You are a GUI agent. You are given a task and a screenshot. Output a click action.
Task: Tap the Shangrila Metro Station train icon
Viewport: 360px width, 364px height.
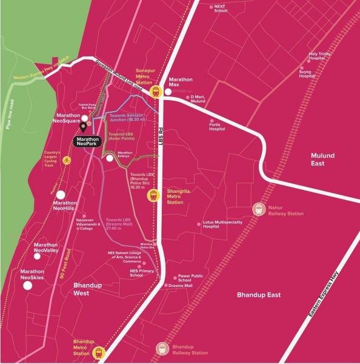(153, 195)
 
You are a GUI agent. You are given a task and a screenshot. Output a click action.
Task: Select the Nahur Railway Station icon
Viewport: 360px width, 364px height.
(259, 209)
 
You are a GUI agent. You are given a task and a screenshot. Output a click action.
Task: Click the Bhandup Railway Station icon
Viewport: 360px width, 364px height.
(162, 348)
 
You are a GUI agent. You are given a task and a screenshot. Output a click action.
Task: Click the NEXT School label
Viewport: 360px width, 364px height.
(221, 8)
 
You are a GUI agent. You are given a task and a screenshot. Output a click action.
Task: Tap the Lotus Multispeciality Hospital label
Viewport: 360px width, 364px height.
(219, 226)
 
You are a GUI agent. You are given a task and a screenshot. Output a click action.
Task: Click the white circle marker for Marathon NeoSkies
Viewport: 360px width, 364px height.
(28, 285)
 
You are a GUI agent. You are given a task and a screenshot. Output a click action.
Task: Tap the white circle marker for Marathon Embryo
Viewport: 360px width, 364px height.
(110, 158)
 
